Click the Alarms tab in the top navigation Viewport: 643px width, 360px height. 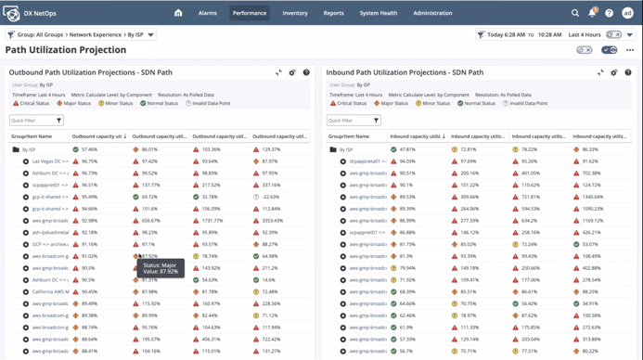[207, 13]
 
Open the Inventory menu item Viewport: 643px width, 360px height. [295, 13]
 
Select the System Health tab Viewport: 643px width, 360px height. [378, 13]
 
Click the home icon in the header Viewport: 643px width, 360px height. [178, 13]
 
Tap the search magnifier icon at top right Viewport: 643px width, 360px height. [575, 13]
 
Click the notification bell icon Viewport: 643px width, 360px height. [592, 13]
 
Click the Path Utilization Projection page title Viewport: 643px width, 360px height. [66, 50]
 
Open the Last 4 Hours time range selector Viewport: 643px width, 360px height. [585, 34]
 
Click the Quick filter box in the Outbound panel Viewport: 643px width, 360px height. [37, 121]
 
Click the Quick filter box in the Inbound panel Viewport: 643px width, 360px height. [354, 121]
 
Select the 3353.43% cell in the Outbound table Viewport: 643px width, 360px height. [271, 221]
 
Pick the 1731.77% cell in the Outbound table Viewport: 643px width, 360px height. [212, 221]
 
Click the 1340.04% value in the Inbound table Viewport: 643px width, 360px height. [590, 197]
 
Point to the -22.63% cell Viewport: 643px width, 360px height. [270, 197]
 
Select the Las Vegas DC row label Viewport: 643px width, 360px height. [51, 161]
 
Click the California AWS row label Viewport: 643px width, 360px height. [51, 291]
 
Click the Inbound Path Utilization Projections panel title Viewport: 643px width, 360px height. [404, 72]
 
